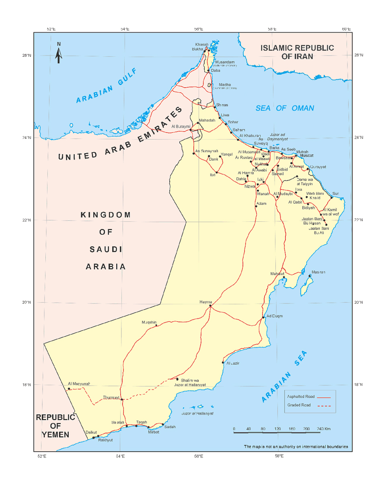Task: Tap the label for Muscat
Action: tap(306, 155)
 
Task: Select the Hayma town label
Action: tap(205, 302)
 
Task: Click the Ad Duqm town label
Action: tap(275, 316)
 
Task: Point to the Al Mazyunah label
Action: tap(79, 384)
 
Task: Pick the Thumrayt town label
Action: tap(111, 397)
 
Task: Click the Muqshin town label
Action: tap(149, 322)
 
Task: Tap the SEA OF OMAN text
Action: tap(285, 108)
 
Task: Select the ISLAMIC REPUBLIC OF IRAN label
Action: tap(297, 52)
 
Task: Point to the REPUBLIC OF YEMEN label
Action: tap(55, 426)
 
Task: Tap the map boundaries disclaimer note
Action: tap(296, 447)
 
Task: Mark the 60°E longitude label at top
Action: tap(346, 29)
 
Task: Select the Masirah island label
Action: tap(318, 272)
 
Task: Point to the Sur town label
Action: tap(335, 194)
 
